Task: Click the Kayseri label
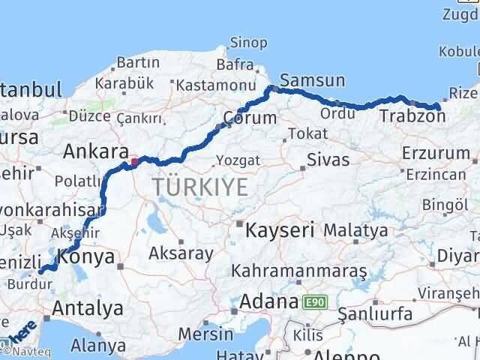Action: [280, 229]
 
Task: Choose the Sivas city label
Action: [328, 160]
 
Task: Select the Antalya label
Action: [88, 308]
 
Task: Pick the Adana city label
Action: [267, 303]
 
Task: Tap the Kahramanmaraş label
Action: [298, 270]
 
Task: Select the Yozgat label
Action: [238, 160]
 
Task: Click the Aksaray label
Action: [181, 253]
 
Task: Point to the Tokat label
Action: [308, 133]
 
